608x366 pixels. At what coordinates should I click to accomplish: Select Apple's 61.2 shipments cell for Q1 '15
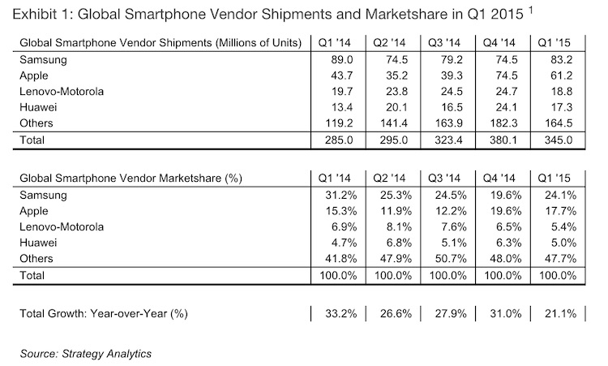pyautogui.click(x=559, y=75)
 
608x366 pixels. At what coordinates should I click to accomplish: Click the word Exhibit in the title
pyautogui.click(x=28, y=15)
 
